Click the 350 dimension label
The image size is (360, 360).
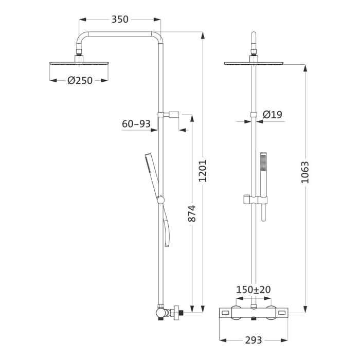120,20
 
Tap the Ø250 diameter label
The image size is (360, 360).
80,81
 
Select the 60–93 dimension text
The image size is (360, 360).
136,124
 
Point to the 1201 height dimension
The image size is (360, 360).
203,171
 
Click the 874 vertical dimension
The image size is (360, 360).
192,213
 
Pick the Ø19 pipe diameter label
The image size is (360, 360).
272,115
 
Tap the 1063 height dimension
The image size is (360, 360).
305,172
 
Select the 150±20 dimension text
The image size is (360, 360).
254,290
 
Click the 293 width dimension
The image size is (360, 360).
254,340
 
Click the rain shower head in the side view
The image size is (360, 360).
79,63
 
